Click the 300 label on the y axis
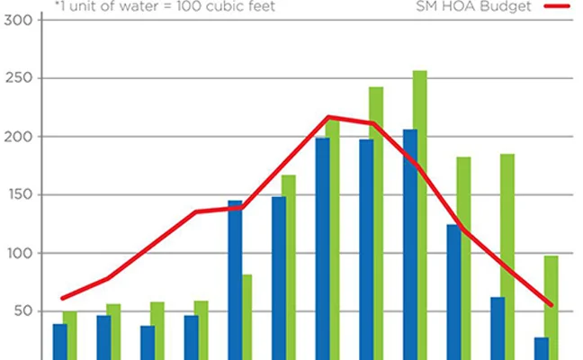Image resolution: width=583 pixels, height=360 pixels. click(15, 20)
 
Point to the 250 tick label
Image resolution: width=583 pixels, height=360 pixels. click(15, 78)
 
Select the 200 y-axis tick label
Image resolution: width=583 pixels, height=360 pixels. click(15, 137)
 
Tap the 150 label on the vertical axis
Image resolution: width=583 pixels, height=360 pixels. click(15, 195)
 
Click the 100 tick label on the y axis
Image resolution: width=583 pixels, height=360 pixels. click(15, 254)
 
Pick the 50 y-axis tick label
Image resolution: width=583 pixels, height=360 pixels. click(17, 311)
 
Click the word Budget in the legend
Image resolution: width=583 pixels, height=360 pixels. click(506, 7)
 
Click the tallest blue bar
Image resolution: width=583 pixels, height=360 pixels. click(410, 243)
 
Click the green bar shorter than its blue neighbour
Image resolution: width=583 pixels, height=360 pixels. click(247, 315)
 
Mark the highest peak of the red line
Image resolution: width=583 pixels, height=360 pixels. click(329, 117)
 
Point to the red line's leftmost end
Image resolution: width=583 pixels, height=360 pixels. click(61, 298)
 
